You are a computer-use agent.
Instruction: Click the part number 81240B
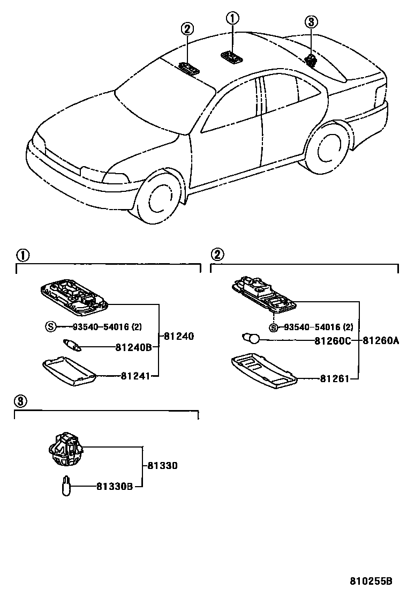133,347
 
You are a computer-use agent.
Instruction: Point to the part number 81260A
382,340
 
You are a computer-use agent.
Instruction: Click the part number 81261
335,379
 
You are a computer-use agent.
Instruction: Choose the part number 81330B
115,487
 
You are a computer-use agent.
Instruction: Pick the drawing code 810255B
372,581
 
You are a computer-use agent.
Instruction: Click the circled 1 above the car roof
232,19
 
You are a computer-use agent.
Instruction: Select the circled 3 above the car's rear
311,22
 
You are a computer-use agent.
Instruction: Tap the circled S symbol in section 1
50,326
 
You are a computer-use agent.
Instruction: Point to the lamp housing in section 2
263,295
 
